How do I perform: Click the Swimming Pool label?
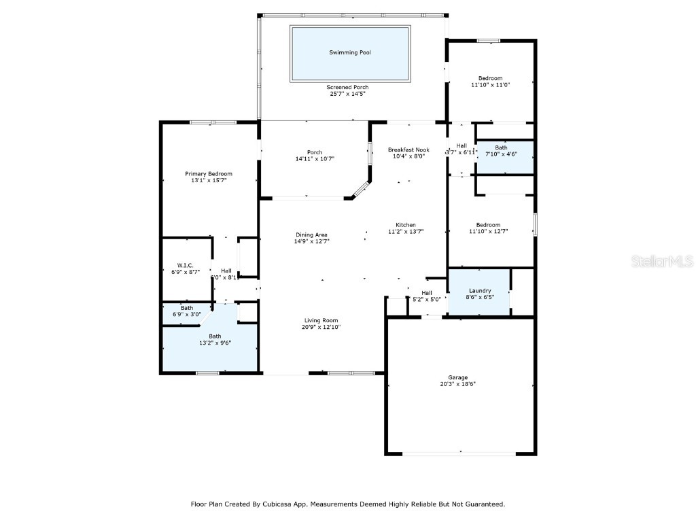(350, 52)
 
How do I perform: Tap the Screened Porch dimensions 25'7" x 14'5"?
(347, 94)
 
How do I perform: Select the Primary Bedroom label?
(209, 174)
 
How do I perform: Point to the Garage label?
(457, 377)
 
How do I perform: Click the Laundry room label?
(480, 290)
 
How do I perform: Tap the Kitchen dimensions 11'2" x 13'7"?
(406, 232)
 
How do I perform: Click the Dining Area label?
(311, 234)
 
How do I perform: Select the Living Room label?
(321, 320)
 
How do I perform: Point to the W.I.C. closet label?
(186, 265)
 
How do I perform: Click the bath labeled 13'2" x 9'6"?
(215, 336)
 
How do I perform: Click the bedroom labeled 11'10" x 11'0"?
(490, 78)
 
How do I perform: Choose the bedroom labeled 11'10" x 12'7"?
(488, 225)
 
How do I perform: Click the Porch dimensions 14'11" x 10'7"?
(315, 158)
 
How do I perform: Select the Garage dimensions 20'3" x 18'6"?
(457, 384)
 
